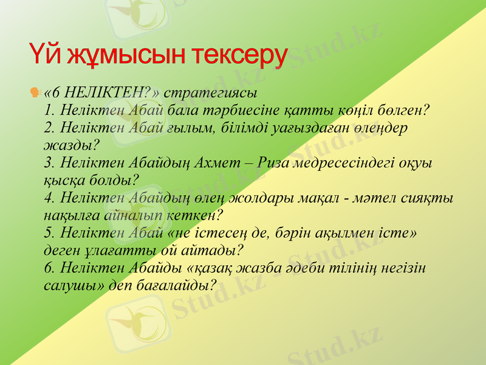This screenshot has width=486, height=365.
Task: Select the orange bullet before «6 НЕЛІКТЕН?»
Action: click(x=36, y=93)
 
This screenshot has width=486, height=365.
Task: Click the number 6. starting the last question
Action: click(x=50, y=268)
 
